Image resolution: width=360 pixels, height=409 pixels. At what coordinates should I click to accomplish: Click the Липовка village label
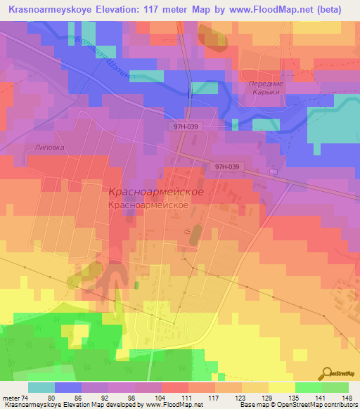[49, 148]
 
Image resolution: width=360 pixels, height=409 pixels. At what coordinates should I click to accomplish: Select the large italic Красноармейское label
[157, 191]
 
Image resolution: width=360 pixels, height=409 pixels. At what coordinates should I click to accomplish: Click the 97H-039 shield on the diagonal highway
[228, 167]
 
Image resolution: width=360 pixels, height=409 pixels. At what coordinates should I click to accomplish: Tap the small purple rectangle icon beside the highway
[272, 171]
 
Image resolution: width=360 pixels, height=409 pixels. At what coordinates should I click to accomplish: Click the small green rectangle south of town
[136, 285]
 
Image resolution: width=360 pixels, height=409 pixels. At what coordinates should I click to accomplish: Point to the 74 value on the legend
[25, 398]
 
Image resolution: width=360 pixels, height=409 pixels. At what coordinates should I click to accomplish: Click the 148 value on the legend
[348, 398]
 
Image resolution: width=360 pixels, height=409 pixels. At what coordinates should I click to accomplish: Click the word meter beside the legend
[11, 398]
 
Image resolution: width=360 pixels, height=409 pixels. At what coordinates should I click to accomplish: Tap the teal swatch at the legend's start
[41, 387]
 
